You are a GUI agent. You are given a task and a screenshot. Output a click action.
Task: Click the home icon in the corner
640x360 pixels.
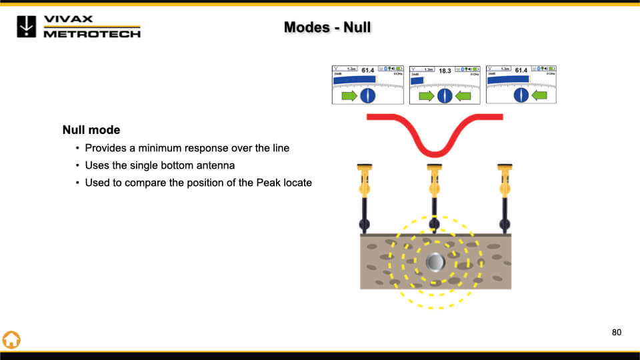[x=12, y=339]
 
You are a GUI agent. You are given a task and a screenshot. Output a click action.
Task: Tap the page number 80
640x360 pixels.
[x=616, y=332]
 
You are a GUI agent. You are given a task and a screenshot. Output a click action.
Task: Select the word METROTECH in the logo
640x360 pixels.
[x=92, y=33]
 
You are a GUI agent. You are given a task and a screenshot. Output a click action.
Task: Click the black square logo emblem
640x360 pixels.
[x=27, y=26]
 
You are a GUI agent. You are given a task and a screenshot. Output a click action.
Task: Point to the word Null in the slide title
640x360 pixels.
[x=357, y=27]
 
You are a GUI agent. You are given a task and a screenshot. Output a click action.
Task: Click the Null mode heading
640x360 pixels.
[x=91, y=130]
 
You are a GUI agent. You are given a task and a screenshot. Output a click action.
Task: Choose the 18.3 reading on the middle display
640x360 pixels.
[x=445, y=71]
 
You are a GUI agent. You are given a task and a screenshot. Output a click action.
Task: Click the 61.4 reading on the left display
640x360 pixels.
[x=367, y=70]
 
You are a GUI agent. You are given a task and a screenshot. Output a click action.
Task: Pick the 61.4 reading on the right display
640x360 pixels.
[x=521, y=70]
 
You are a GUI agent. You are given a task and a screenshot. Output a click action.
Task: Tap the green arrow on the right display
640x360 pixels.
[x=539, y=96]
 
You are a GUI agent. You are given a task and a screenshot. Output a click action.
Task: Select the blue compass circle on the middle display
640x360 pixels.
[x=445, y=96]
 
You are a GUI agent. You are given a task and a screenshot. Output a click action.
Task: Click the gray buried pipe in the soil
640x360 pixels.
[x=435, y=262]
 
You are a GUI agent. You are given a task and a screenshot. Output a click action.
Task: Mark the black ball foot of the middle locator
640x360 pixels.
[x=435, y=224]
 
